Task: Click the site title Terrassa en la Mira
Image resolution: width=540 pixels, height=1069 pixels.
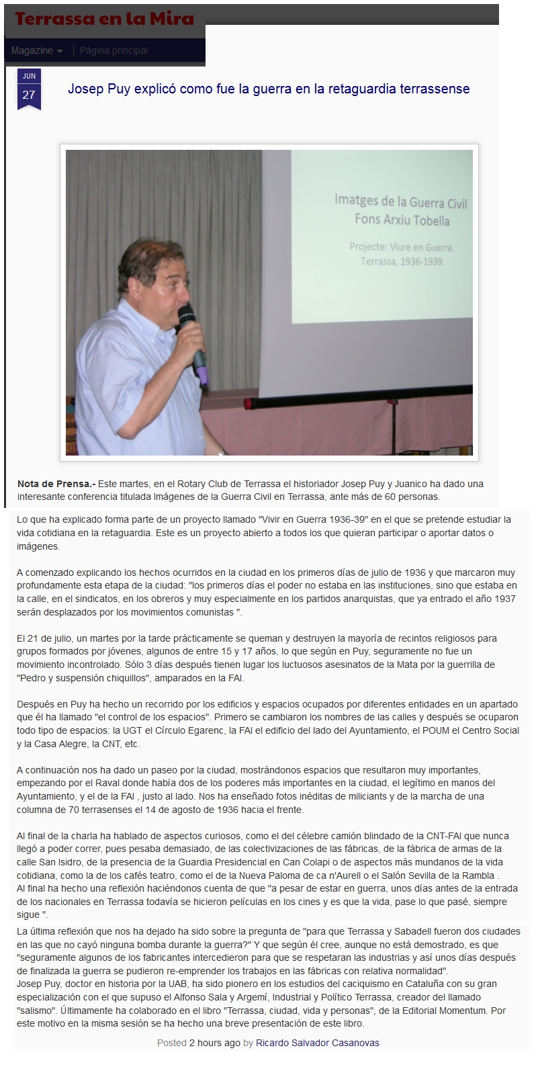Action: click(x=104, y=19)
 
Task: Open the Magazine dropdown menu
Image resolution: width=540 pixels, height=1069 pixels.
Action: click(x=37, y=50)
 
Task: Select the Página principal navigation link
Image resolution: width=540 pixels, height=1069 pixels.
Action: click(x=114, y=50)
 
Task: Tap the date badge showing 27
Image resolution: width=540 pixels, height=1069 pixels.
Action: click(x=29, y=95)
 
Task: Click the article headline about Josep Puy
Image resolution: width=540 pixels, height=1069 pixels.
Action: click(x=269, y=89)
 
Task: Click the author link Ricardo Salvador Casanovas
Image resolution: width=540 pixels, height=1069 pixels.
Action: click(x=317, y=1043)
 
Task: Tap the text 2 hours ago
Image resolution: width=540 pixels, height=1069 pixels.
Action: click(x=214, y=1043)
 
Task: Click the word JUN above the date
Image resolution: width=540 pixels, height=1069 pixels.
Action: click(x=29, y=76)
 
